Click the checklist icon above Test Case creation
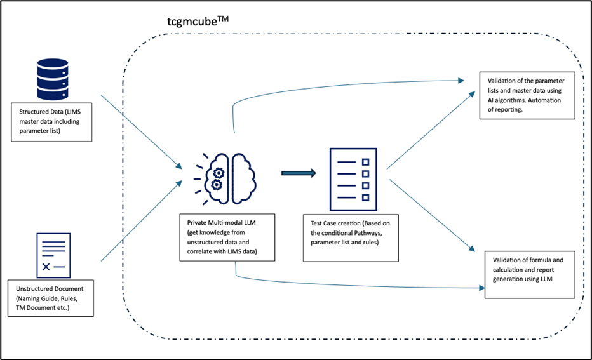[x=352, y=179]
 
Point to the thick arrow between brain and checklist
[x=298, y=172]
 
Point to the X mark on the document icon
[x=46, y=267]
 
